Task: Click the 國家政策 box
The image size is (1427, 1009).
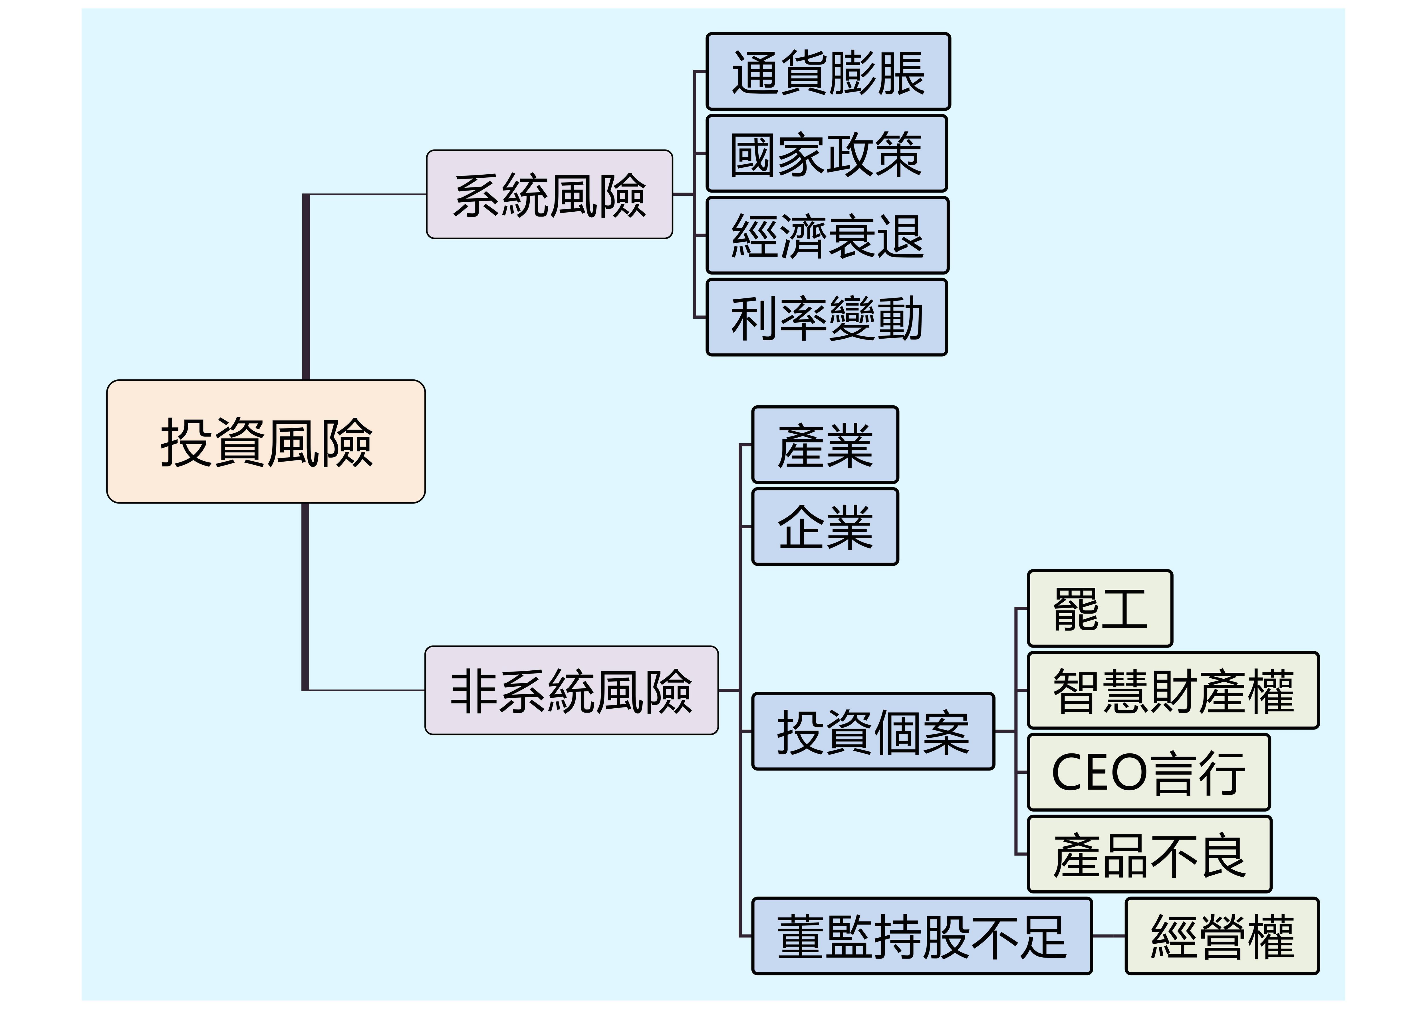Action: tap(827, 153)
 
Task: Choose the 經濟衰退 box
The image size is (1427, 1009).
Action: tap(827, 235)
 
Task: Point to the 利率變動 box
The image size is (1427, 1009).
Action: tap(827, 318)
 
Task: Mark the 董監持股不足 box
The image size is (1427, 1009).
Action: tap(922, 936)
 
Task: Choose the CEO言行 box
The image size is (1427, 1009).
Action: tap(1148, 772)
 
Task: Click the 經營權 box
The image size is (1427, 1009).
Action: tap(1222, 936)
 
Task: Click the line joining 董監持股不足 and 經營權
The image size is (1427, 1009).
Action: tap(1109, 936)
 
